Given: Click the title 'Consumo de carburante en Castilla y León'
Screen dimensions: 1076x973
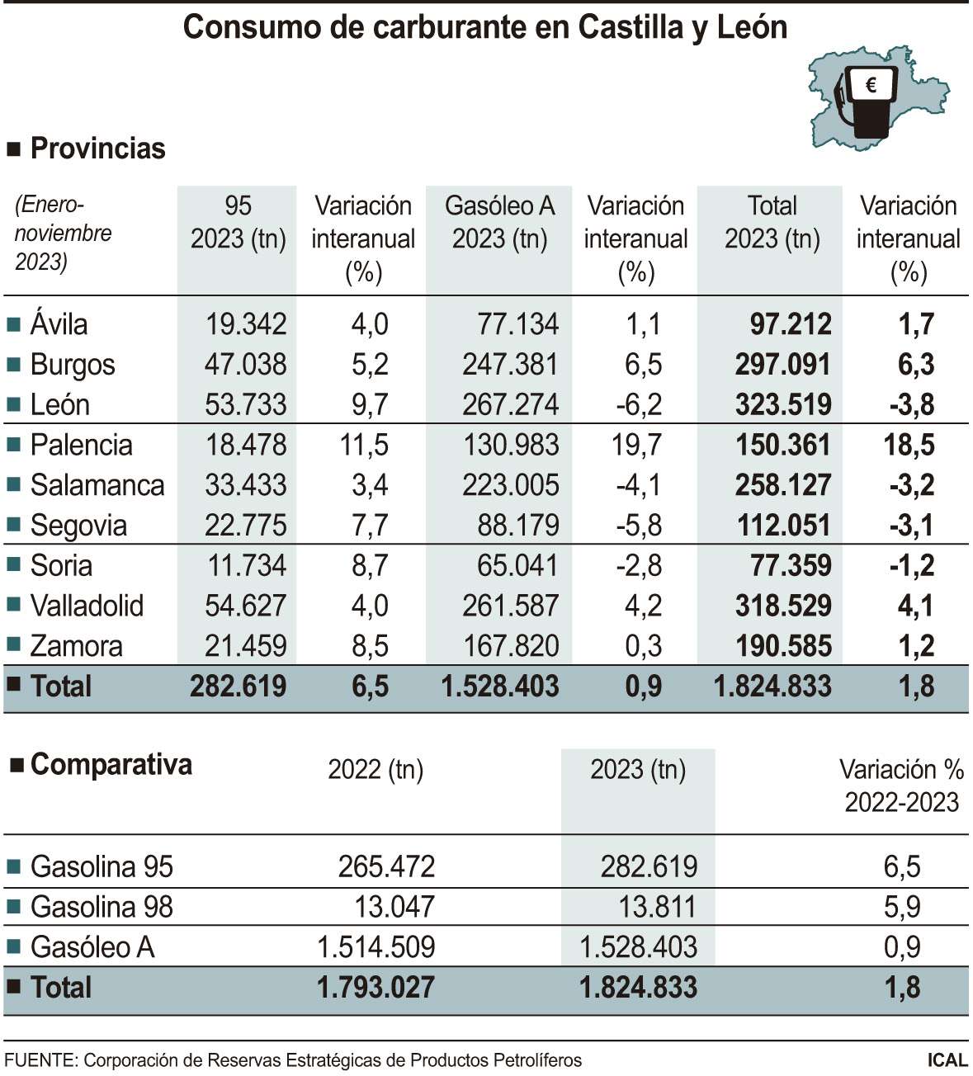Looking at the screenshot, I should [485, 27].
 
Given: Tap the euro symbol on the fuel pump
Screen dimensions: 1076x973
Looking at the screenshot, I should [871, 84].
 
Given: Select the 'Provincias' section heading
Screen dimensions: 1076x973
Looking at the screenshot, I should [97, 149].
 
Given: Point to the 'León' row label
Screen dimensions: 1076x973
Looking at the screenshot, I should [59, 404].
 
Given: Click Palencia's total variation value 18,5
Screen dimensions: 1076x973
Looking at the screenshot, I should [909, 445].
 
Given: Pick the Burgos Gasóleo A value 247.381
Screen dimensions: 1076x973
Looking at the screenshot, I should [510, 364].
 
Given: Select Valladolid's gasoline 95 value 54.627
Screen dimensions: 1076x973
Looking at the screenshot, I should [245, 606].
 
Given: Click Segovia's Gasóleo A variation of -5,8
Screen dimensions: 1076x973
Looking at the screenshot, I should [638, 525].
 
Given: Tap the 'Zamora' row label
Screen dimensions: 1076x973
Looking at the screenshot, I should [76, 646].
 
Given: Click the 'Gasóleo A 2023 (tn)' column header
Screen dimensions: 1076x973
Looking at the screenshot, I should [499, 222].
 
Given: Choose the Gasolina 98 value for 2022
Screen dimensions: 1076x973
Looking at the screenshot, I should [394, 907].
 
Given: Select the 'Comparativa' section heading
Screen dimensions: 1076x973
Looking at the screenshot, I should [111, 764].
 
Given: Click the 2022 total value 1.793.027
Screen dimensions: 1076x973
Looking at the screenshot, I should [376, 988].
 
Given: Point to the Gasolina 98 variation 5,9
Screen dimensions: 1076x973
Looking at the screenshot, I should [901, 907].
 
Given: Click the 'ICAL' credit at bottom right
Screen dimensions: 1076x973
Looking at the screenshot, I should [947, 1060].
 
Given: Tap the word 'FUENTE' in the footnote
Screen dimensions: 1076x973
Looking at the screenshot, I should [39, 1060].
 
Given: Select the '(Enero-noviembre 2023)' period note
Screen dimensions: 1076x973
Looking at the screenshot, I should [63, 234].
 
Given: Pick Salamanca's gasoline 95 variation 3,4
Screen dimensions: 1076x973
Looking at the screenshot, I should [370, 485].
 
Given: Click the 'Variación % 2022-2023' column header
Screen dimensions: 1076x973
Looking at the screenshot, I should [901, 786].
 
